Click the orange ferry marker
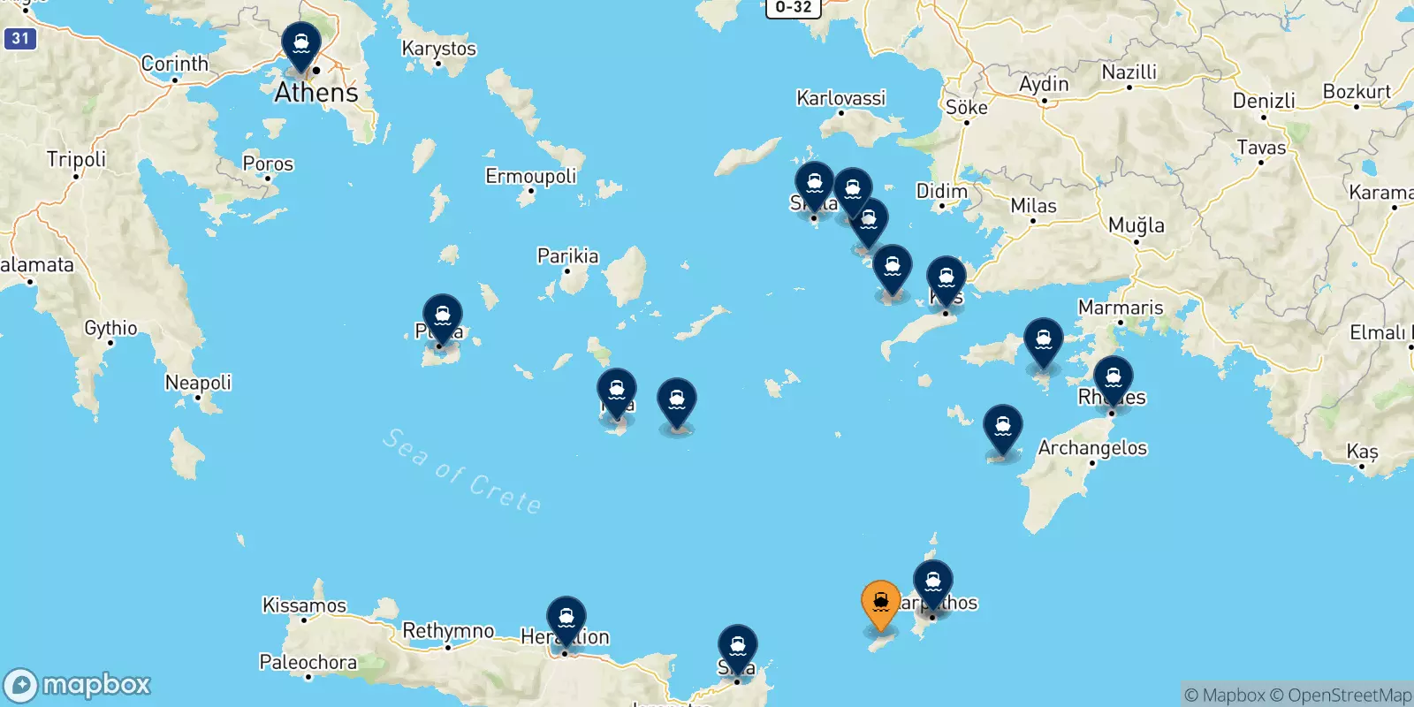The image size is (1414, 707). tap(880, 604)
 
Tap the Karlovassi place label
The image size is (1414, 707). tap(840, 98)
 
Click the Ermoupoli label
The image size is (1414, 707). tap(530, 176)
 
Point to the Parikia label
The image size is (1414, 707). tap(567, 256)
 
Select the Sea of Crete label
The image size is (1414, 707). tap(462, 471)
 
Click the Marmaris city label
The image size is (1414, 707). tap(1120, 308)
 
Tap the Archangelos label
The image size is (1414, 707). tap(1092, 448)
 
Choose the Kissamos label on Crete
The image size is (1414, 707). tap(304, 605)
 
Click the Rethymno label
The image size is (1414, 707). tap(448, 631)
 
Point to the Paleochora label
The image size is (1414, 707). tap(308, 662)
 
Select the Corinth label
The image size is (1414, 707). tap(175, 64)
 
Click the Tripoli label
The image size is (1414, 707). tap(76, 159)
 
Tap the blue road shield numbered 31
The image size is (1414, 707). tap(20, 38)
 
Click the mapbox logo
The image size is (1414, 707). tap(78, 685)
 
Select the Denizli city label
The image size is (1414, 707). tap(1264, 101)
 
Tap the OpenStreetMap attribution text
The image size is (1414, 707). tap(1349, 696)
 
